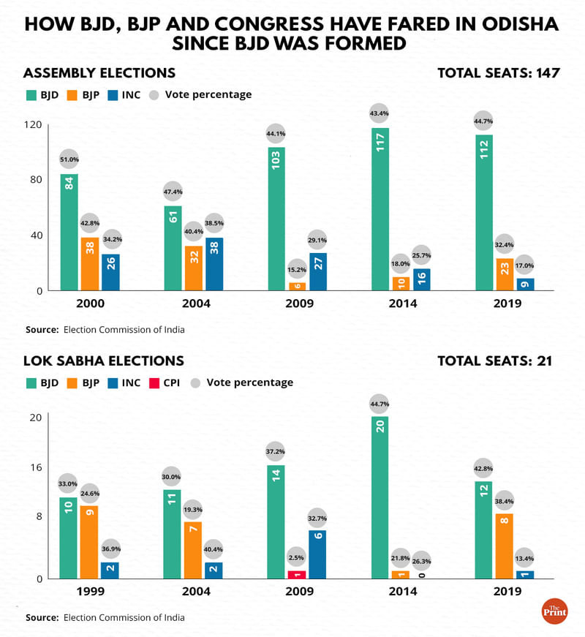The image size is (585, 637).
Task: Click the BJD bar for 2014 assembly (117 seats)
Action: [x=380, y=208]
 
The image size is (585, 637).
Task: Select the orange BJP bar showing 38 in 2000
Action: [x=90, y=263]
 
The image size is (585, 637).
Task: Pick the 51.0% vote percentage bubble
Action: [x=69, y=159]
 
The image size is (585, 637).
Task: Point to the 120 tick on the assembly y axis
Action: [x=33, y=124]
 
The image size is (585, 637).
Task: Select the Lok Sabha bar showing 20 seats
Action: [x=380, y=497]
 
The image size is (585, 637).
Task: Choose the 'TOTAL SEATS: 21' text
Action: [x=494, y=361]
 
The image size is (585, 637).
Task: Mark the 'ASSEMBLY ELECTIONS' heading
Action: [x=99, y=73]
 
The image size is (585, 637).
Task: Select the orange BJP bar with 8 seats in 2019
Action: [x=505, y=546]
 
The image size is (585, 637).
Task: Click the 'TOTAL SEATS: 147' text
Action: [x=499, y=73]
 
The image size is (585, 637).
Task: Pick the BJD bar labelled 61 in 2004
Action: [x=173, y=248]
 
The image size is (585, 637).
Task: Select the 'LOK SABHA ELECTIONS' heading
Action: [x=104, y=361]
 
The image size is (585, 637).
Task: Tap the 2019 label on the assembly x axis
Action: [x=505, y=304]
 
